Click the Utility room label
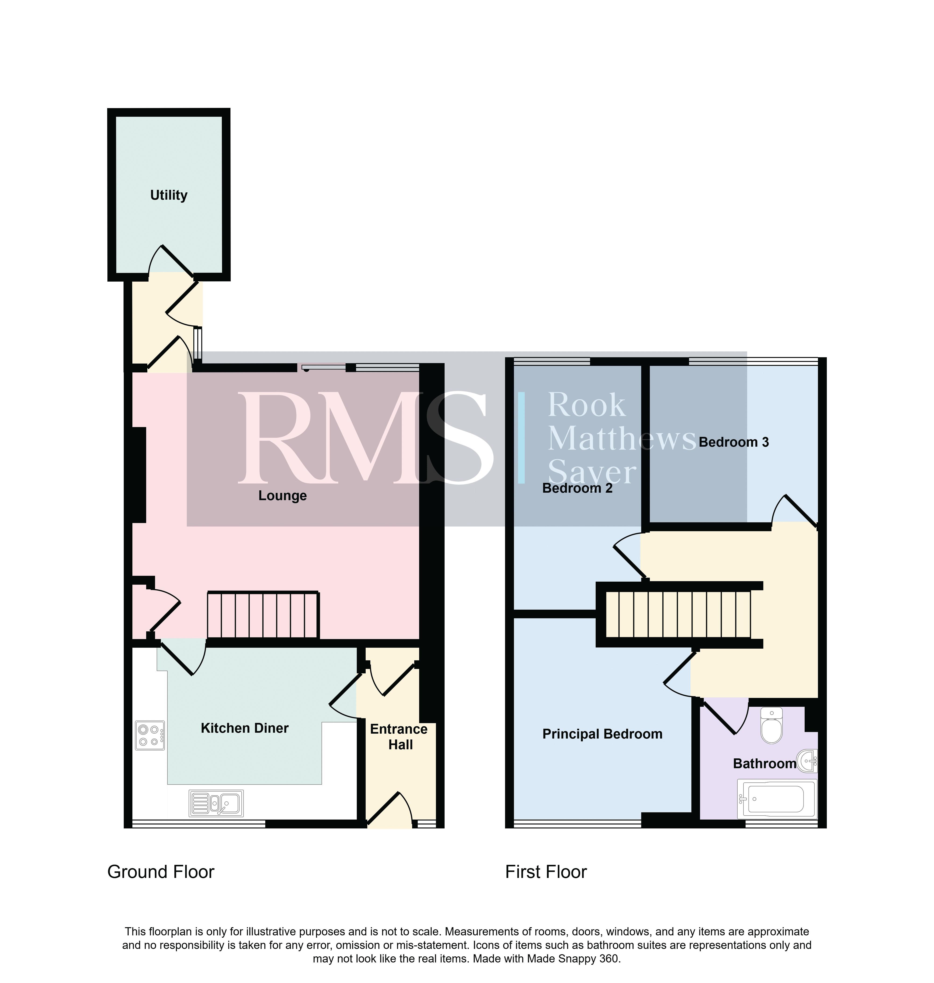(169, 195)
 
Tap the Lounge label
(282, 496)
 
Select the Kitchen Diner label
(244, 728)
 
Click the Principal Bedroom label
(602, 734)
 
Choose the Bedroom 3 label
(734, 442)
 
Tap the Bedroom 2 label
(577, 488)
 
